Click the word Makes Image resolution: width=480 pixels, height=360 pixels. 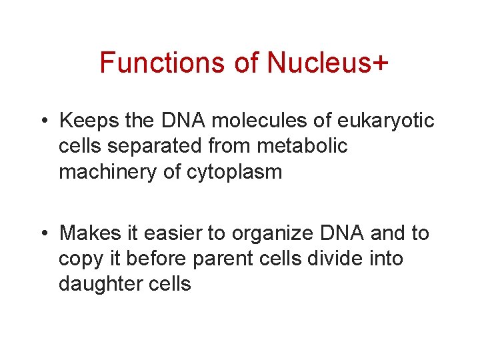pos(88,233)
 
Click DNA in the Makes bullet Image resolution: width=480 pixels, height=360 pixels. pos(340,233)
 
